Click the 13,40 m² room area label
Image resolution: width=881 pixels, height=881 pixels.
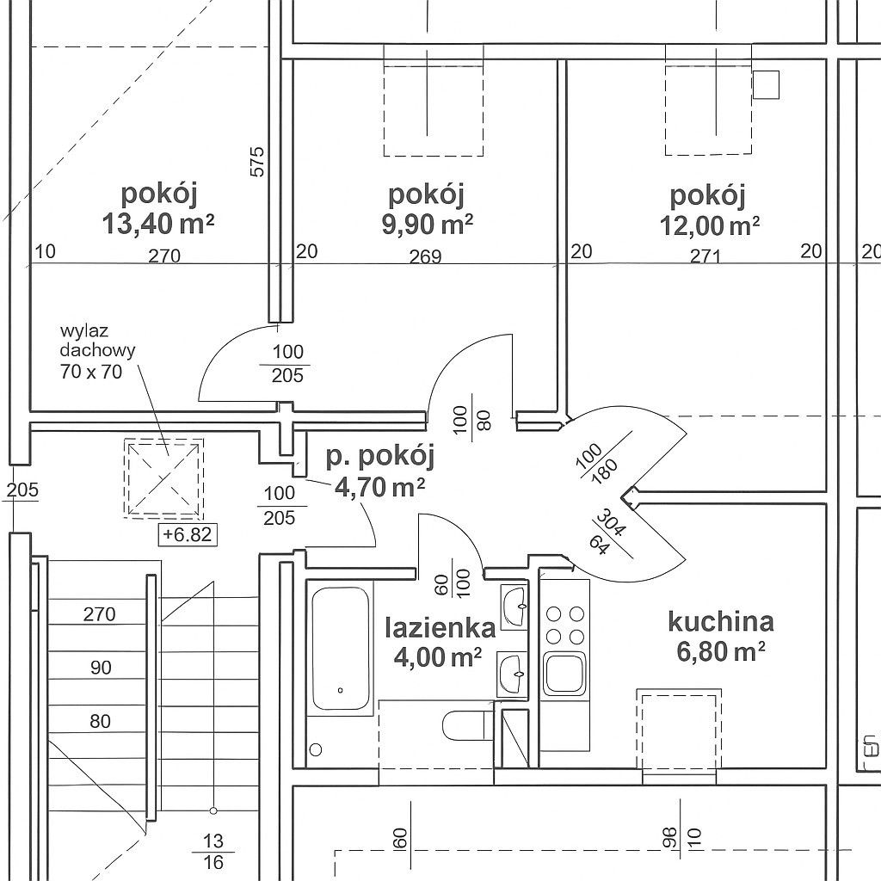click(x=158, y=224)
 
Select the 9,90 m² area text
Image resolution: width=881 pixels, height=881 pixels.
click(x=427, y=225)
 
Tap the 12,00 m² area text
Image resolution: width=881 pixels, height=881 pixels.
click(x=710, y=225)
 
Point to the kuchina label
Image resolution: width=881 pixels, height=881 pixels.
click(x=721, y=621)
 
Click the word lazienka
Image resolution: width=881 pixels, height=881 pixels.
click(x=440, y=627)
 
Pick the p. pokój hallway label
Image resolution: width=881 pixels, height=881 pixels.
click(x=380, y=457)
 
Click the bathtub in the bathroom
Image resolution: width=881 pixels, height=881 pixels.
click(x=340, y=649)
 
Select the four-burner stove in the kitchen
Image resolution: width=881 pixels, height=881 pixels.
click(x=564, y=624)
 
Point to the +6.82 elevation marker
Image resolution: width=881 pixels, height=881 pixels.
click(x=187, y=533)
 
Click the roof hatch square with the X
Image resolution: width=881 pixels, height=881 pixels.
click(x=163, y=477)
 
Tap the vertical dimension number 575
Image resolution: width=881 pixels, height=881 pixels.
click(x=256, y=162)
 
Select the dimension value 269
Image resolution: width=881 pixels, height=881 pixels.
click(x=425, y=256)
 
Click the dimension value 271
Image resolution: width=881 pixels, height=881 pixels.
click(x=705, y=256)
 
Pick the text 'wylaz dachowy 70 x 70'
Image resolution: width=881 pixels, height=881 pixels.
click(x=97, y=351)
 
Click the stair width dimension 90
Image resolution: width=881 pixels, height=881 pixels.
click(x=101, y=668)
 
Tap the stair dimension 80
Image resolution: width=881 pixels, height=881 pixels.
click(x=100, y=721)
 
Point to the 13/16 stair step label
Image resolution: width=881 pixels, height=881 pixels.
click(x=213, y=851)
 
